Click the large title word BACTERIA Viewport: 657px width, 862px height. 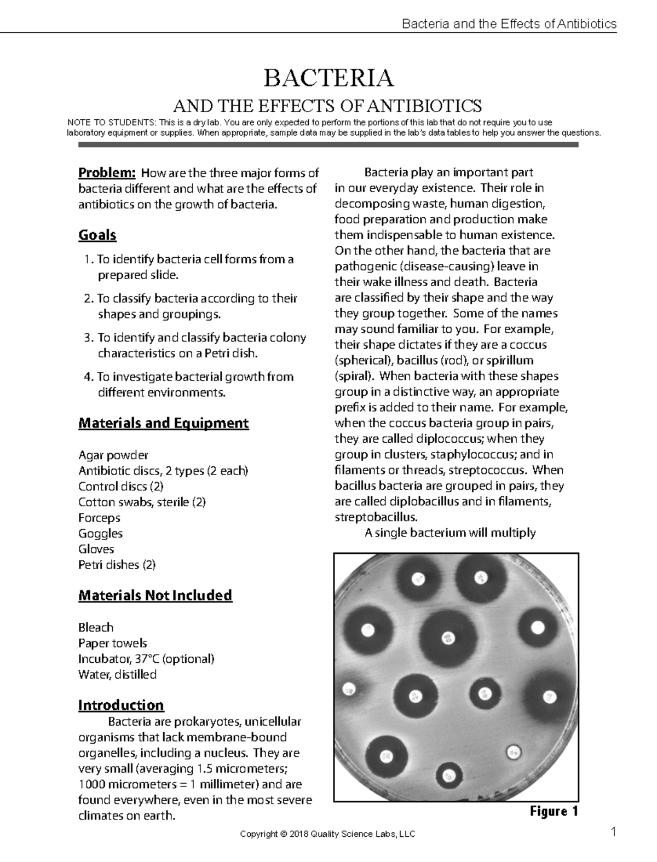(x=328, y=78)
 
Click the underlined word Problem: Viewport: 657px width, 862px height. (x=107, y=173)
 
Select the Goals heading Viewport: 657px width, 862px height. (x=97, y=235)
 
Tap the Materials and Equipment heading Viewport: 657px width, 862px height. (x=164, y=423)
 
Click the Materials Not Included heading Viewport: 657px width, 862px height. (x=155, y=595)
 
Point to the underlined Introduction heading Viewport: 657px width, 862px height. (x=121, y=705)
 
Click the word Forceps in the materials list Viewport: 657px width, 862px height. (x=99, y=518)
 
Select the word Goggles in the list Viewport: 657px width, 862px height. (x=100, y=534)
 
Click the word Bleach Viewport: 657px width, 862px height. (x=96, y=628)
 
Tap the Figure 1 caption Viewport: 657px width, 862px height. (x=554, y=811)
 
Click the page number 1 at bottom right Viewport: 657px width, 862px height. (x=614, y=834)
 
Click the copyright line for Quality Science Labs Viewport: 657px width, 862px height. (x=327, y=835)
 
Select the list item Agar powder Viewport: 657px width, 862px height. (x=113, y=455)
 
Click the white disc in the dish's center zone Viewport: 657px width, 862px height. (x=448, y=638)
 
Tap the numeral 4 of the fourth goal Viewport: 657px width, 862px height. (x=87, y=377)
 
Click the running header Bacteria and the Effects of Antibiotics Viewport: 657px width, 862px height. (x=509, y=24)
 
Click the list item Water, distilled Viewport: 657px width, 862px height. (x=117, y=675)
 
